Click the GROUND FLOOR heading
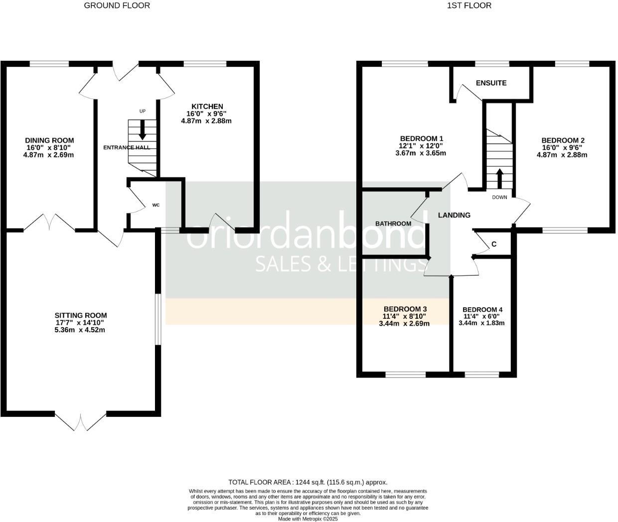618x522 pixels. click(x=117, y=5)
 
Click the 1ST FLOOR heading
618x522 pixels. click(x=469, y=5)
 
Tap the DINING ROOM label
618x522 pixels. click(x=49, y=140)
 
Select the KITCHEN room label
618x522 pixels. click(x=207, y=106)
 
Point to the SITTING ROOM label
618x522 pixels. click(x=80, y=315)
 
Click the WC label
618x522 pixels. click(x=155, y=205)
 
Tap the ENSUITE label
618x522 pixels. click(x=491, y=83)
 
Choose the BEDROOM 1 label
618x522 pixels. click(x=422, y=138)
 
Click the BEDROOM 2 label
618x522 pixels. click(x=563, y=140)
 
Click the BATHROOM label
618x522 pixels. click(x=393, y=224)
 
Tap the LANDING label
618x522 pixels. click(x=454, y=215)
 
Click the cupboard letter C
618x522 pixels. click(x=494, y=244)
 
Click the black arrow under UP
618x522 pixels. click(x=143, y=130)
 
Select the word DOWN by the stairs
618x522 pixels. click(x=499, y=197)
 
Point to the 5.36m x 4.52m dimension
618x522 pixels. click(x=80, y=330)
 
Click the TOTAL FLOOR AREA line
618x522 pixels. click(x=308, y=482)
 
